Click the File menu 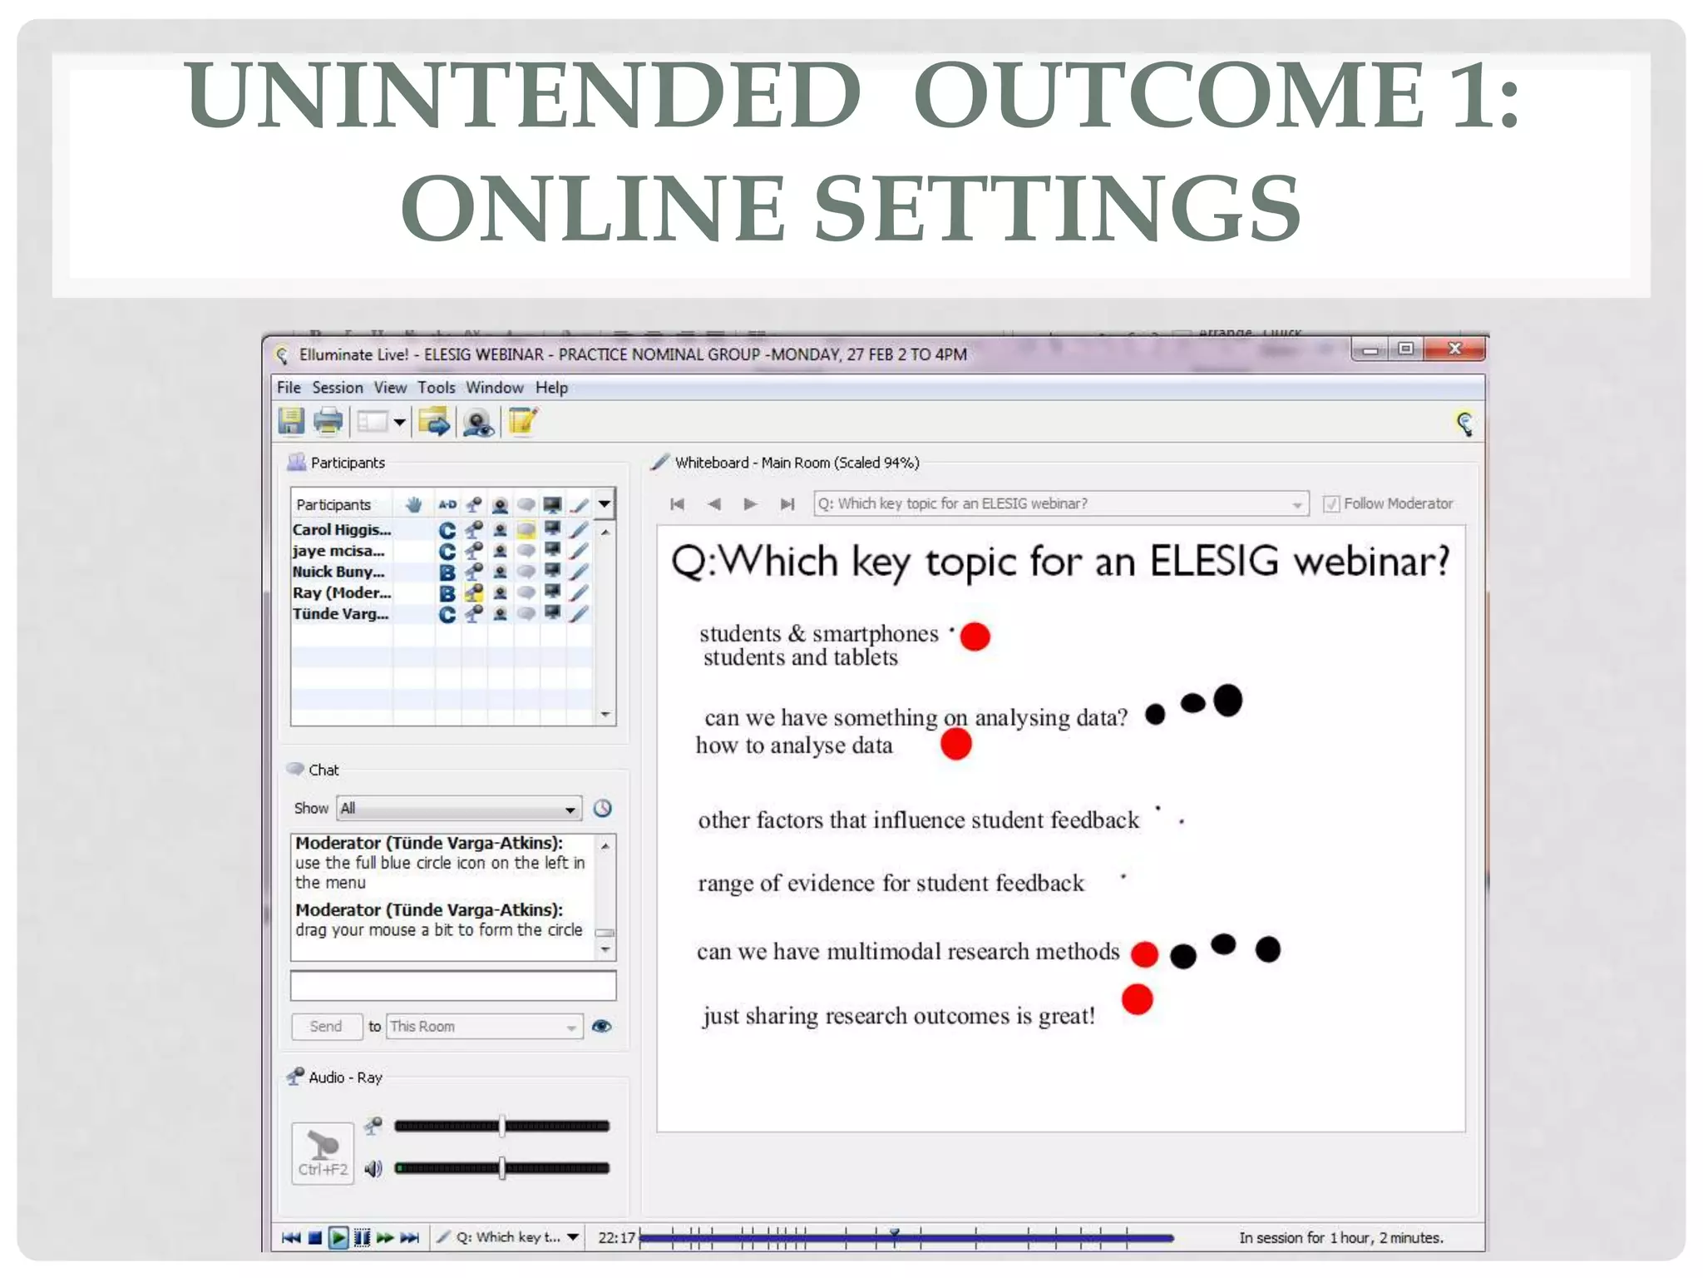coord(288,388)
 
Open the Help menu coord(550,388)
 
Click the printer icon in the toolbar coord(328,422)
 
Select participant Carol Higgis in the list coord(341,530)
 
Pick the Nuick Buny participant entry coord(338,572)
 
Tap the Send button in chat coord(326,1027)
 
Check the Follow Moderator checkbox coord(1330,504)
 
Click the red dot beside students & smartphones coord(975,637)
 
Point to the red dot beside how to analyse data coord(955,744)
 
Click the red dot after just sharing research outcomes coord(1137,999)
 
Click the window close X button coord(1454,349)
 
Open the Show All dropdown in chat coord(459,809)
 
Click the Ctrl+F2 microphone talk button coord(323,1153)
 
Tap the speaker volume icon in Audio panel coord(373,1169)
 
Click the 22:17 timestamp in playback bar coord(616,1238)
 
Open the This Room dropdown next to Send coord(483,1027)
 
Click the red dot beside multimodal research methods coord(1144,954)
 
